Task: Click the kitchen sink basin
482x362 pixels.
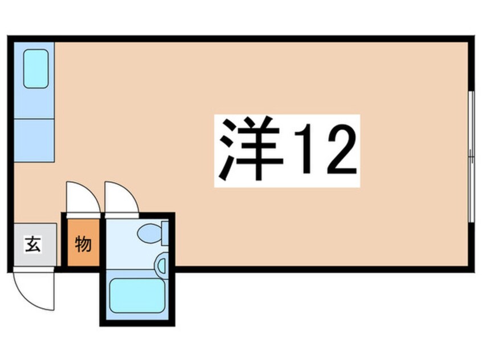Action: (x=35, y=69)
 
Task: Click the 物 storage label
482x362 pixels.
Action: (x=82, y=245)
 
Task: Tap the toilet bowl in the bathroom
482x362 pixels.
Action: (x=149, y=233)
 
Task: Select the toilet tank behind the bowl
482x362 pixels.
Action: (x=165, y=233)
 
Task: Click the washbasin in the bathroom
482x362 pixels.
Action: (x=161, y=264)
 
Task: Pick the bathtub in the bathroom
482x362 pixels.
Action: (x=137, y=295)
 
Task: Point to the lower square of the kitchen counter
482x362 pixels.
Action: (x=34, y=140)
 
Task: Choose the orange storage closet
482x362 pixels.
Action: (x=83, y=245)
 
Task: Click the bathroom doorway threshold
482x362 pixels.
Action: (x=121, y=216)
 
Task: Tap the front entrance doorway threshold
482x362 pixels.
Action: (x=33, y=269)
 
